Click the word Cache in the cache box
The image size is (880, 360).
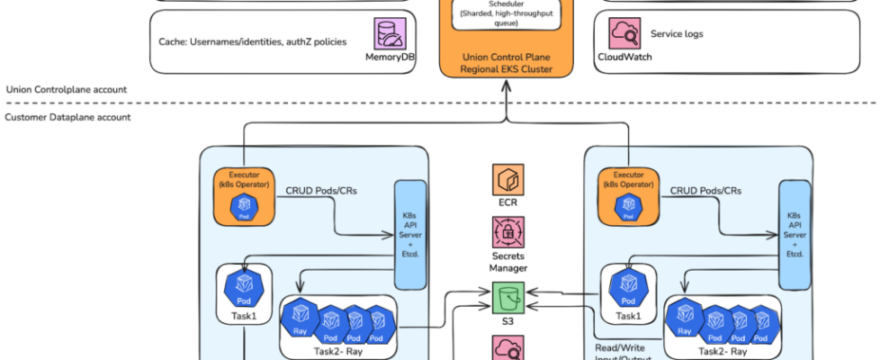point(169,41)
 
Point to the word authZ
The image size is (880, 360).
point(294,41)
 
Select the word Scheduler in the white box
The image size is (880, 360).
point(507,4)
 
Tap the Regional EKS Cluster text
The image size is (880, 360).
point(507,69)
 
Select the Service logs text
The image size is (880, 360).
point(676,34)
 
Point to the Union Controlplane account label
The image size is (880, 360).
point(66,89)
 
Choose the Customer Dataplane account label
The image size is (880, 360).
point(67,117)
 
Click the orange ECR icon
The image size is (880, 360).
point(507,179)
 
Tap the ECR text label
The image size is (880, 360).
point(507,202)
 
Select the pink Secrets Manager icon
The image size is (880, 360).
point(507,232)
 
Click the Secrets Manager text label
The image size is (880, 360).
point(507,261)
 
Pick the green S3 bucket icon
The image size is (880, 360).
point(507,295)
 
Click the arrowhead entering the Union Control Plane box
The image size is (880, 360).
point(507,82)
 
